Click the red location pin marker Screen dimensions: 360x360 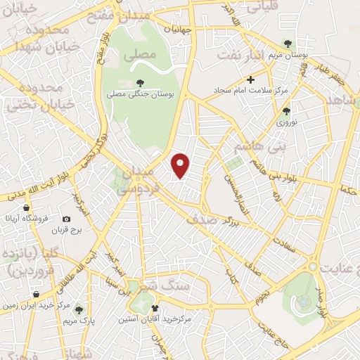pos(181,166)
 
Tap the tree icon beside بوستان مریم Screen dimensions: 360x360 pos(286,44)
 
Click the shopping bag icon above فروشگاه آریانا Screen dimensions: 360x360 pos(27,209)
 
